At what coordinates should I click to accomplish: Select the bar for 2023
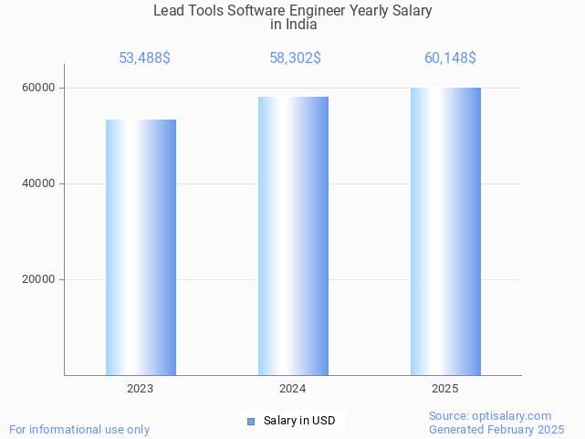pos(141,247)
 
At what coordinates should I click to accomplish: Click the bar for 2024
pos(293,235)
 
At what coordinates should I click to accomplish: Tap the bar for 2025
pos(445,231)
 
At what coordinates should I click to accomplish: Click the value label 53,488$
pos(144,58)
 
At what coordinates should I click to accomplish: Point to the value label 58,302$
pos(294,58)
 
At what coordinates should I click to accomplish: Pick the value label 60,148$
pos(450,58)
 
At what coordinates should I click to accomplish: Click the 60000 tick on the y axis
pos(39,89)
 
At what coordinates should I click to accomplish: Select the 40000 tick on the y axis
pos(39,184)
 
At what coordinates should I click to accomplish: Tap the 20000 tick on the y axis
pos(39,280)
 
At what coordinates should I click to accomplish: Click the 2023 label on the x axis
pos(141,389)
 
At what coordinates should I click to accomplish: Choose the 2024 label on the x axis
pos(293,389)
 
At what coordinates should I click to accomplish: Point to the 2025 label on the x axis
pos(445,389)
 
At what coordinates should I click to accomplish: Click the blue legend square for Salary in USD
pos(251,421)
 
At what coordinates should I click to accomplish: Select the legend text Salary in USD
pos(299,421)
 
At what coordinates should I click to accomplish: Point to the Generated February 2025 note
pos(496,429)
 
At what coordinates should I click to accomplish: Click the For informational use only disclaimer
pos(79,429)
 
